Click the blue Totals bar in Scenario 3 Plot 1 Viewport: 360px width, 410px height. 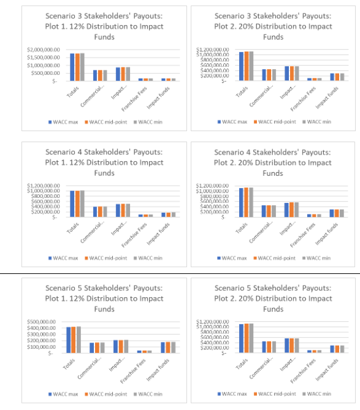click(72, 67)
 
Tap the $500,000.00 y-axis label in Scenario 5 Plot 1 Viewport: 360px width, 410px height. click(44, 321)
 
